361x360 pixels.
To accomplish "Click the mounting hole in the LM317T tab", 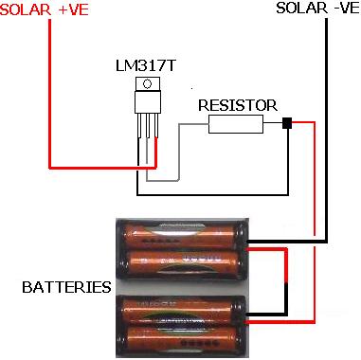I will pos(146,86).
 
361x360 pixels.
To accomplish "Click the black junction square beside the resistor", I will pos(287,122).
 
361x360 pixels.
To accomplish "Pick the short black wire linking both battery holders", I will pos(287,284).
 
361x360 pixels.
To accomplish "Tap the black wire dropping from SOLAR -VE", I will pos(325,123).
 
